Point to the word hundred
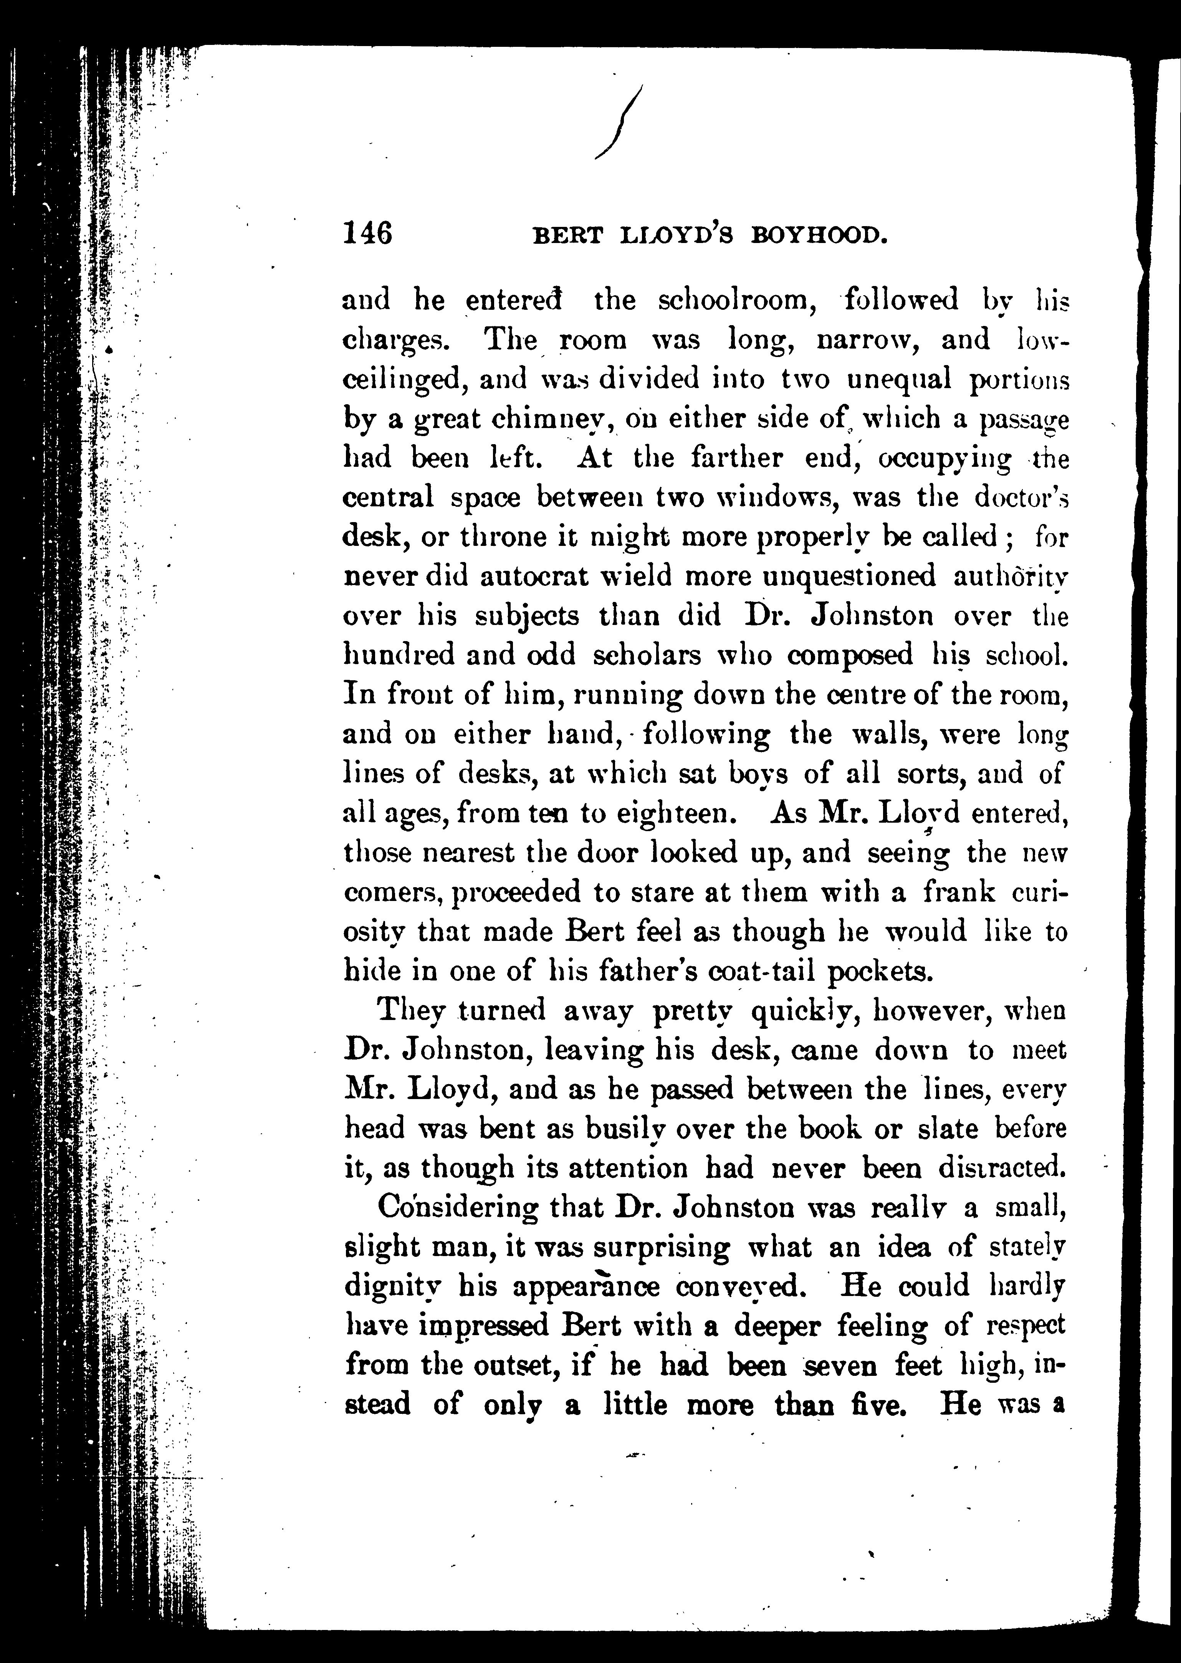pos(399,655)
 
